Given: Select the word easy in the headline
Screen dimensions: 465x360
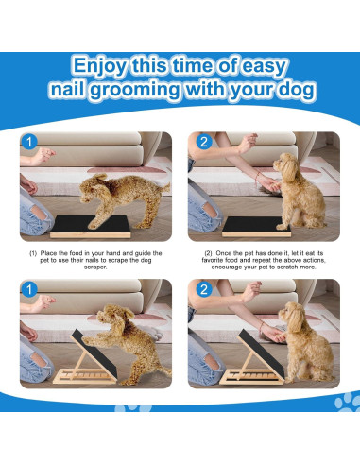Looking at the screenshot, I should click(283, 66).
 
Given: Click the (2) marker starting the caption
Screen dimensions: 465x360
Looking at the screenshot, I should click(209, 254).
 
